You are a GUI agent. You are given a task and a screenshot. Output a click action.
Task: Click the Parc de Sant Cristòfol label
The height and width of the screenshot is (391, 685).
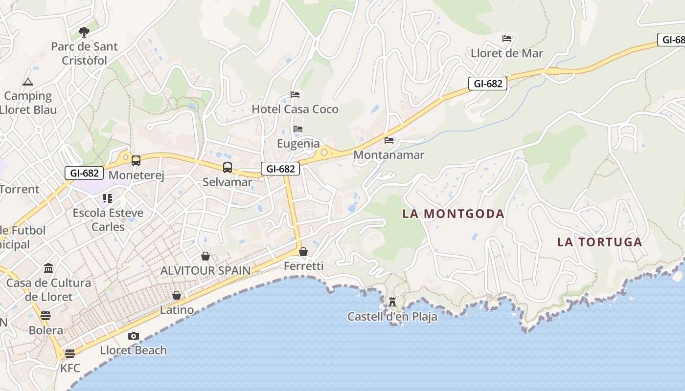tap(85, 53)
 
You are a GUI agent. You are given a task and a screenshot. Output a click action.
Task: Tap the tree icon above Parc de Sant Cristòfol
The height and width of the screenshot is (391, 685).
tap(84, 33)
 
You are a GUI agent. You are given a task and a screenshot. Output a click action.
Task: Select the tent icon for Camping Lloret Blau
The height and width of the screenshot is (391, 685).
tap(27, 82)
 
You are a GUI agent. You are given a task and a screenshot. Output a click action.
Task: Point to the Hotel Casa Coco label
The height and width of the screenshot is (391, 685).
tap(295, 109)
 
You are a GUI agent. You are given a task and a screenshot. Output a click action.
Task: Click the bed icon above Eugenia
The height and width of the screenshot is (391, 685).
tap(298, 130)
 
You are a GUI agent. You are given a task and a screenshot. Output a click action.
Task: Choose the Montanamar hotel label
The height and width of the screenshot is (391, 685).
tap(388, 155)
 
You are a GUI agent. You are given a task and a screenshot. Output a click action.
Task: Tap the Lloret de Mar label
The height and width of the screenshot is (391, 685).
tap(507, 53)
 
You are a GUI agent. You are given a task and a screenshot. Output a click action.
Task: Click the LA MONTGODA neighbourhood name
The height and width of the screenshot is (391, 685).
tap(453, 214)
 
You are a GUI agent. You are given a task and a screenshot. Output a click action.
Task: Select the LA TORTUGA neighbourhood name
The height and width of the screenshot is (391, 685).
tap(599, 242)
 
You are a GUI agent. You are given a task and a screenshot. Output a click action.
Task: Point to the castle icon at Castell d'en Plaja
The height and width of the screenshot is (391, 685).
tap(392, 303)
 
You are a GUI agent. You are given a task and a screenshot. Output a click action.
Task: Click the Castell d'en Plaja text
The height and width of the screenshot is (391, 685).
tap(392, 317)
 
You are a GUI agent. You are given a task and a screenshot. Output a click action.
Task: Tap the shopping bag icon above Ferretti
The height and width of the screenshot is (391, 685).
tap(303, 252)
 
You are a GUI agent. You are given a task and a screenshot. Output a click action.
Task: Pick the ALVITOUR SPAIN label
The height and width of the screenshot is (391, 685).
tap(205, 270)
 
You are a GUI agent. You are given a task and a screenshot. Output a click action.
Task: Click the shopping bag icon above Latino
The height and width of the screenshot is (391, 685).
tap(177, 296)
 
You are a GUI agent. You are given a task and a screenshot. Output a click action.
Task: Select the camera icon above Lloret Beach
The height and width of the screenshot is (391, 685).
tap(133, 336)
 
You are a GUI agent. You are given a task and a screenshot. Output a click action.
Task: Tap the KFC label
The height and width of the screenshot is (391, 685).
tap(70, 368)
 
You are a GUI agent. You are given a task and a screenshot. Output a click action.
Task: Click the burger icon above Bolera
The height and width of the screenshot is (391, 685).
tap(46, 316)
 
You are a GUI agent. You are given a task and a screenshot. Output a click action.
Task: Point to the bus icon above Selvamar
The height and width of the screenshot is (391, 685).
tap(228, 168)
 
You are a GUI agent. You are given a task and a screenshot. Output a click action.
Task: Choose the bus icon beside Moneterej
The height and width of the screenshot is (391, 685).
tap(136, 160)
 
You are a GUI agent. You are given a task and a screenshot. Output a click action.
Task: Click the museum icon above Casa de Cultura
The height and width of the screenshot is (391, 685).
tap(48, 268)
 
